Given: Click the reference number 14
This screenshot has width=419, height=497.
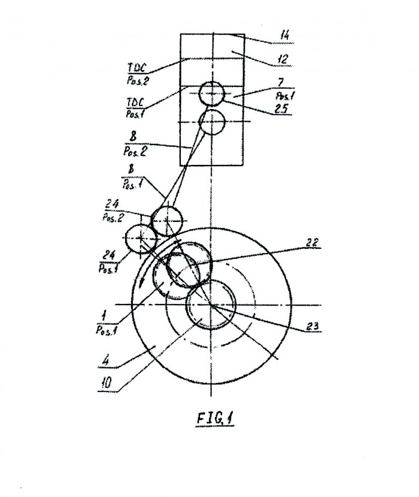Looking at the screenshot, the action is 284,35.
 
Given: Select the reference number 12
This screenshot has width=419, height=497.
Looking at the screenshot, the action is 283,59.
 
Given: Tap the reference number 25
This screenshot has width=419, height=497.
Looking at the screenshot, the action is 281,109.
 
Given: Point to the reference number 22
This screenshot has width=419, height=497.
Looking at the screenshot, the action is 312,242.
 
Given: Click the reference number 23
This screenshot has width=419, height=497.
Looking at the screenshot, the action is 312,326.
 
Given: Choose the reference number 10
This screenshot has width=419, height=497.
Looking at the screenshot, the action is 107,384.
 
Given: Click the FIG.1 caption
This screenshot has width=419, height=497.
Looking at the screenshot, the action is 215,418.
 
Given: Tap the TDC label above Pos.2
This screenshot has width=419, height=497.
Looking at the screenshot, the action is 136,68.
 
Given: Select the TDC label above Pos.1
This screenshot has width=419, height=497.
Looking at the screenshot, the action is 135,103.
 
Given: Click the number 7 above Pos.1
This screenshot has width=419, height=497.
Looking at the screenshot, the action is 280,83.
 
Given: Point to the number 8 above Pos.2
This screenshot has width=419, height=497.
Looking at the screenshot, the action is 133,137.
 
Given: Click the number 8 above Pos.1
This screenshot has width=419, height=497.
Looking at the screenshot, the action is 131,169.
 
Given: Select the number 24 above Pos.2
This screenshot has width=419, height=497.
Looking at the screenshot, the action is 112,203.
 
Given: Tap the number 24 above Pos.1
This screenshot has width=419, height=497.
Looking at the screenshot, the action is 108,255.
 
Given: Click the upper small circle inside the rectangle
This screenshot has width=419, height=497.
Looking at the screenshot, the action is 212,94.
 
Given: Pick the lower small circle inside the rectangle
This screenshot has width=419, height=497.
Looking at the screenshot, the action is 212,122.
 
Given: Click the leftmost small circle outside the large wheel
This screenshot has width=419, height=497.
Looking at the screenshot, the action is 141,239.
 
